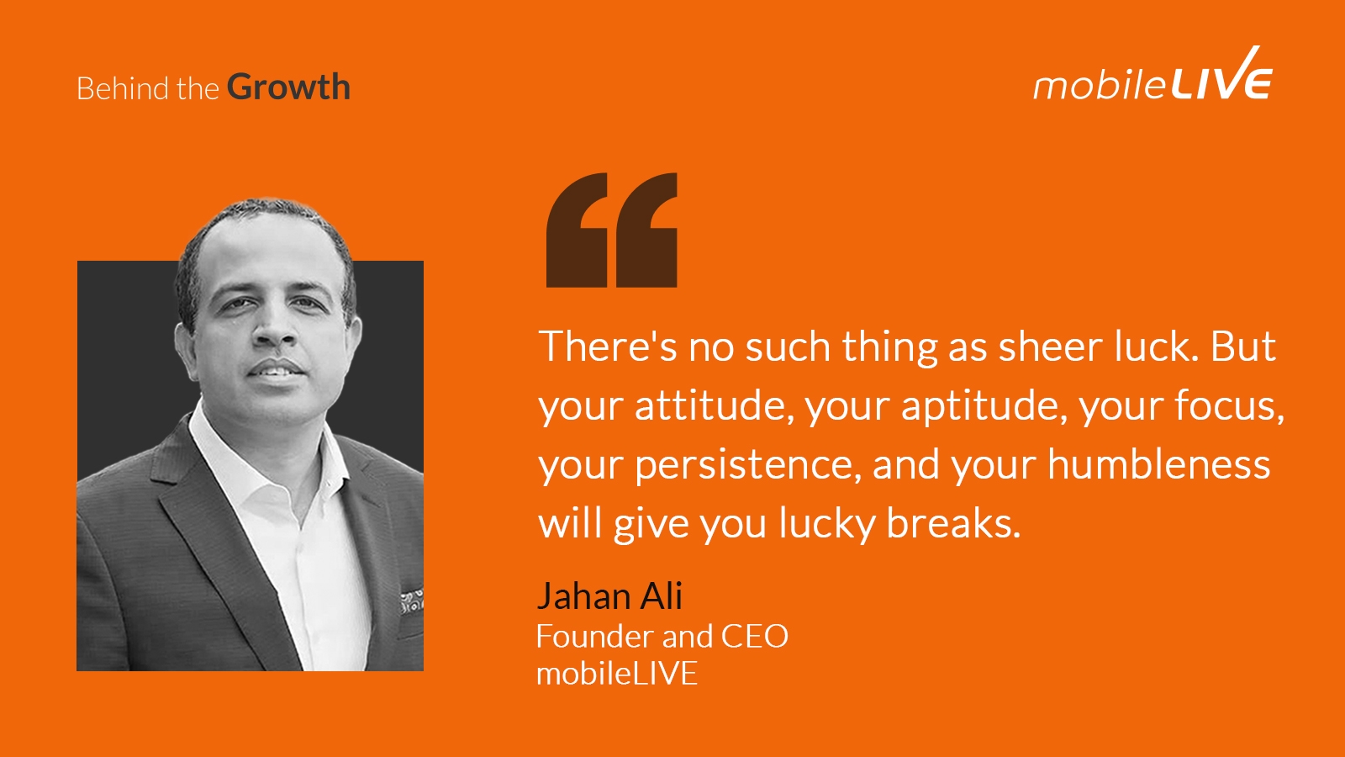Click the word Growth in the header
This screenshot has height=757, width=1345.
coord(288,87)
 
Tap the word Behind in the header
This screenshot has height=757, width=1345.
coord(123,88)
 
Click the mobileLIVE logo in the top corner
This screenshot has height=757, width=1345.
coord(1152,75)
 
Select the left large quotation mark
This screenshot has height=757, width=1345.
coord(577,230)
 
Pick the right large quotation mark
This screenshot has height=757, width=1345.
coord(646,230)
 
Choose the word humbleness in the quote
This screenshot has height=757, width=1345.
coord(1159,463)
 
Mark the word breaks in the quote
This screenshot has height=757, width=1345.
coord(953,522)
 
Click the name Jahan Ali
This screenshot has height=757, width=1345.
coord(609,596)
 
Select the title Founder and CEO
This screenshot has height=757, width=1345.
coord(662,636)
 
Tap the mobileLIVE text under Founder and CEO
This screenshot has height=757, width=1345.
coord(617,673)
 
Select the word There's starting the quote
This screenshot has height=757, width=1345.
coord(608,347)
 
